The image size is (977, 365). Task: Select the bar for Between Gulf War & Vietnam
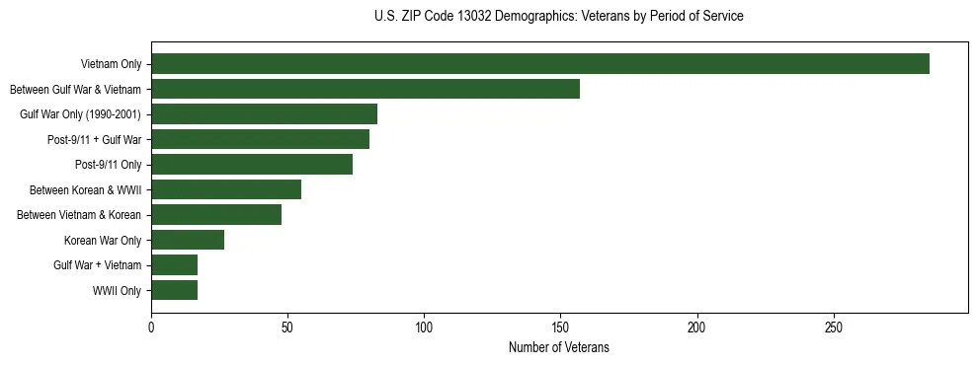click(366, 89)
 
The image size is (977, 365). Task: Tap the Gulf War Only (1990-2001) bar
click(264, 114)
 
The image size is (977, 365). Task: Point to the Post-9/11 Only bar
click(252, 165)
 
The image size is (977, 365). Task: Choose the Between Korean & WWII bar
click(226, 189)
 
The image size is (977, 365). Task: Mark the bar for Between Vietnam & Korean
click(216, 215)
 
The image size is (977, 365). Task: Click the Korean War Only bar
click(188, 240)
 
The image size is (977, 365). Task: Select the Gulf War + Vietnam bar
click(174, 265)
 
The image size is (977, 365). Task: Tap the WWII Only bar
click(174, 290)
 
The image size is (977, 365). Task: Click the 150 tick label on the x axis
click(560, 327)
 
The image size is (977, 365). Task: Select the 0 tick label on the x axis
click(151, 327)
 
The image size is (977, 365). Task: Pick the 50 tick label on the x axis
click(287, 327)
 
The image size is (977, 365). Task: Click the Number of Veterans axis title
click(558, 347)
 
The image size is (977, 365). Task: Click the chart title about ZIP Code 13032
click(558, 17)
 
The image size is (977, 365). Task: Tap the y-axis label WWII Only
click(118, 291)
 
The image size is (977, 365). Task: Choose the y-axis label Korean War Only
click(103, 241)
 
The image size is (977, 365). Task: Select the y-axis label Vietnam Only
click(112, 65)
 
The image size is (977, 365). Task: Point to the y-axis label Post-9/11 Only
click(109, 165)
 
